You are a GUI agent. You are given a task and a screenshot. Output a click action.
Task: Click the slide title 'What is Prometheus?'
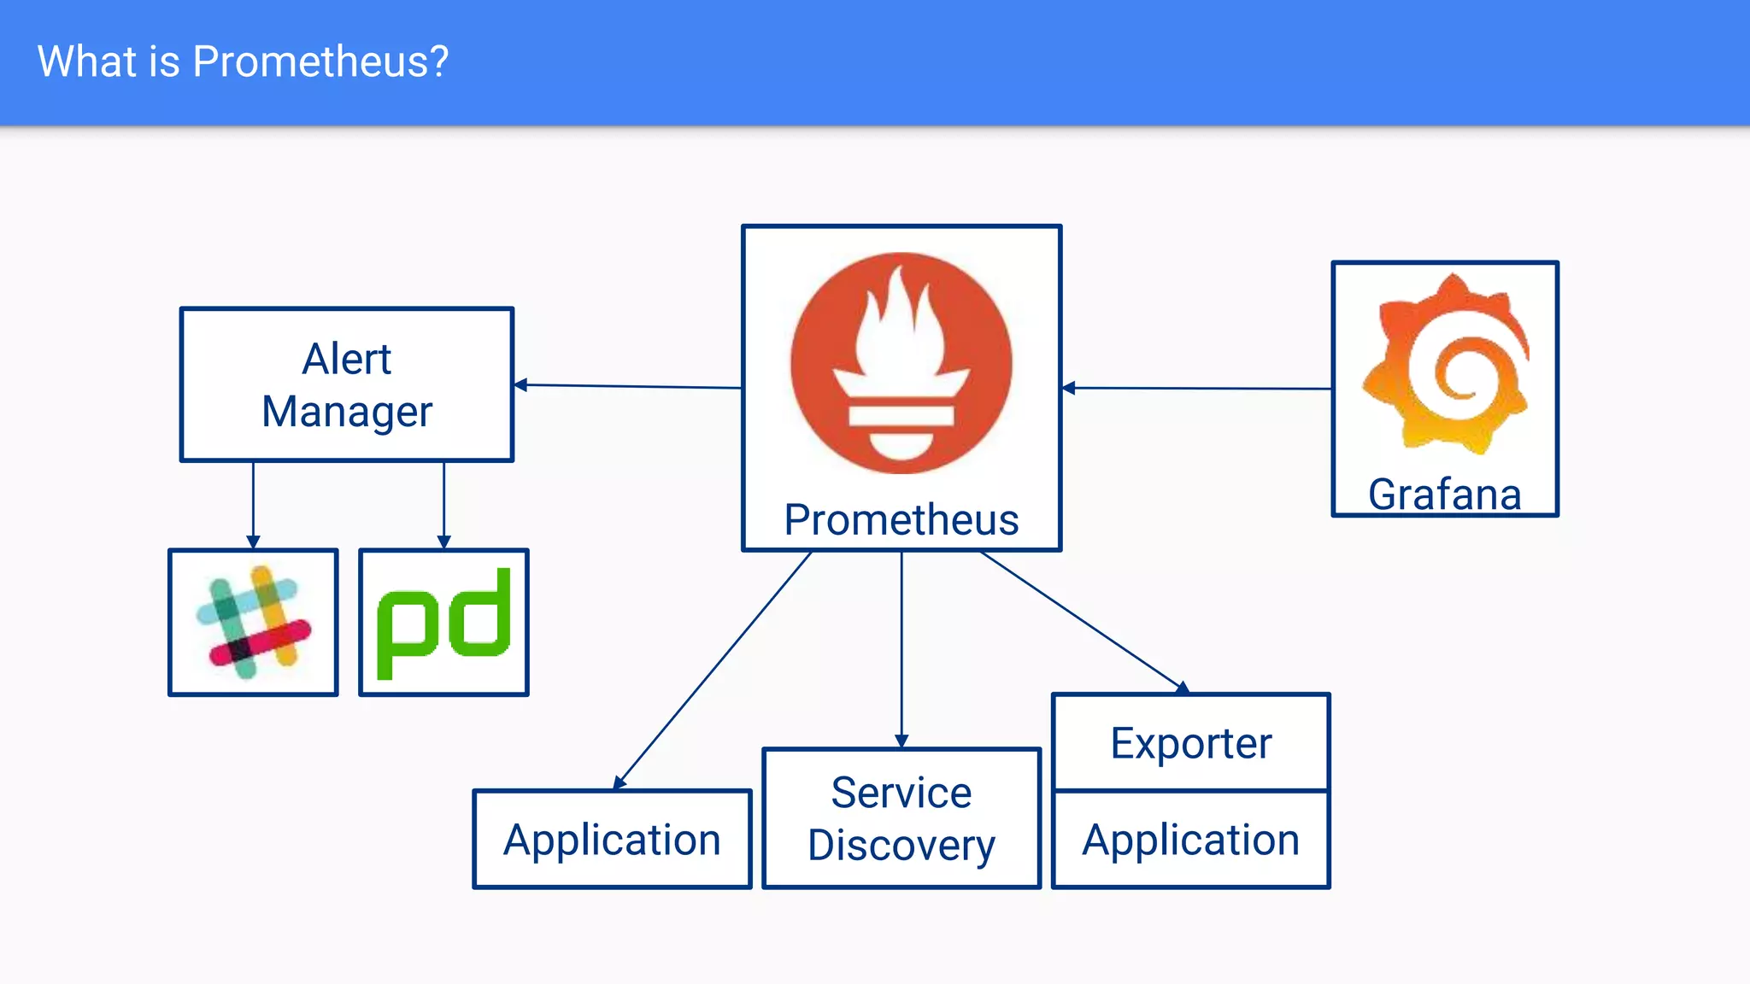coord(243,61)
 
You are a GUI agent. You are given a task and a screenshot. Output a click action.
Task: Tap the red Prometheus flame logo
coord(901,363)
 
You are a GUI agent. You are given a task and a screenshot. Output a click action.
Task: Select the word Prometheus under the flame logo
coord(901,520)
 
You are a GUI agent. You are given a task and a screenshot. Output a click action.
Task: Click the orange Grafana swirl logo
coord(1447,363)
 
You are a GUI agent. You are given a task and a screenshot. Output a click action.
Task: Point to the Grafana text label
coord(1445,495)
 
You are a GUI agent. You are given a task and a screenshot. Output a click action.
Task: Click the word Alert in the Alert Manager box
coord(346,359)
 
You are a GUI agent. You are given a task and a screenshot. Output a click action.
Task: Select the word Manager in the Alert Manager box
coord(346,412)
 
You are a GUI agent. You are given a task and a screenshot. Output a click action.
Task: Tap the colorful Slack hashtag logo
coord(253,623)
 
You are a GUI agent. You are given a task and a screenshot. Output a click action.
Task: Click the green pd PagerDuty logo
coord(443,623)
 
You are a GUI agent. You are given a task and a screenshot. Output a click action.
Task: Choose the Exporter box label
coord(1190,743)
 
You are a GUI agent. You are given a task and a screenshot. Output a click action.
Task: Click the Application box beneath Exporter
coord(1190,840)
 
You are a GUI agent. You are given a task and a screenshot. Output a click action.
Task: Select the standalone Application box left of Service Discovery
coord(612,840)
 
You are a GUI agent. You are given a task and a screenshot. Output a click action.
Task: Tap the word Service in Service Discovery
coord(901,793)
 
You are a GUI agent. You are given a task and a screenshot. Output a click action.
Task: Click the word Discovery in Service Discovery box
coord(901,845)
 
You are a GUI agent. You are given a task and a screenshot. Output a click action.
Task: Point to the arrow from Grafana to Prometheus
coord(1196,389)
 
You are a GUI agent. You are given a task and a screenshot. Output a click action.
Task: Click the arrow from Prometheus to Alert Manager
coord(628,386)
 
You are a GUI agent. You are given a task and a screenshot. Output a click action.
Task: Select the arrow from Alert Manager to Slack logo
coord(253,504)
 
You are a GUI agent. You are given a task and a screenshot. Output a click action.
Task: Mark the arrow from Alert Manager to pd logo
coord(443,504)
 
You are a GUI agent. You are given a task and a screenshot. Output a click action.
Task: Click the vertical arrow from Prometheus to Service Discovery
coord(901,649)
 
